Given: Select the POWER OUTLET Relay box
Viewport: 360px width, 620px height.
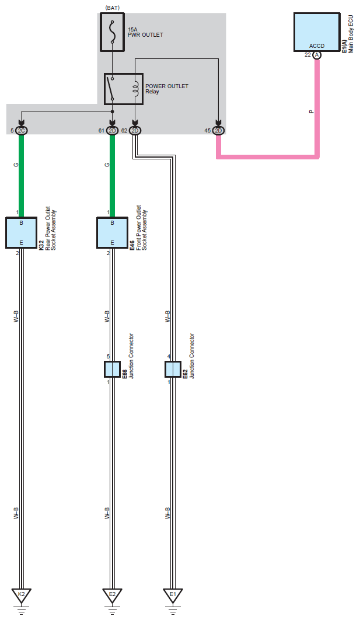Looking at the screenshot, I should click(123, 89).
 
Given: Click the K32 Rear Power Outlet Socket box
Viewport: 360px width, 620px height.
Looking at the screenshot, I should click(22, 232).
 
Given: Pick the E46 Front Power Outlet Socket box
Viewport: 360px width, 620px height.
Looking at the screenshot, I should click(112, 232).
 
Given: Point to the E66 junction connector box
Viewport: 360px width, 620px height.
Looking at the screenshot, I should click(112, 369).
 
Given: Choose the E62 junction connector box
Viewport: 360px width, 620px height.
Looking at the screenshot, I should click(173, 369).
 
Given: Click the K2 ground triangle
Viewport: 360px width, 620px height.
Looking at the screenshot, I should click(22, 595).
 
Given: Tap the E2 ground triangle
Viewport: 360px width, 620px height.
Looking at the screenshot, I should click(112, 595).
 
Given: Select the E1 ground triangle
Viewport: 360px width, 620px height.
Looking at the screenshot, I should click(173, 595).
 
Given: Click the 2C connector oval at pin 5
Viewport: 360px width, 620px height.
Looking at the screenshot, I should click(22, 130).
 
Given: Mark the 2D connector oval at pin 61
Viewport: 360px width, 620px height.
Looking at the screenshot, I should click(113, 130).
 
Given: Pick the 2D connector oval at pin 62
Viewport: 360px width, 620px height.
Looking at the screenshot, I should click(135, 130).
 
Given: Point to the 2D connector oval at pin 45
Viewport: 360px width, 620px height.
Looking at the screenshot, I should click(219, 130).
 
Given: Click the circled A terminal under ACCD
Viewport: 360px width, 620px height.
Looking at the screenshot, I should click(317, 55).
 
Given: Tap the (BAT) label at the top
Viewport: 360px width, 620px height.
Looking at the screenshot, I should click(113, 7).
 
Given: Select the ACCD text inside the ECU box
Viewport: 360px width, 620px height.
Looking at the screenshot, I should click(317, 45).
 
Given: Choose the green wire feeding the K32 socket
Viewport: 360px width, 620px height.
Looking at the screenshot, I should click(22, 175).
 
